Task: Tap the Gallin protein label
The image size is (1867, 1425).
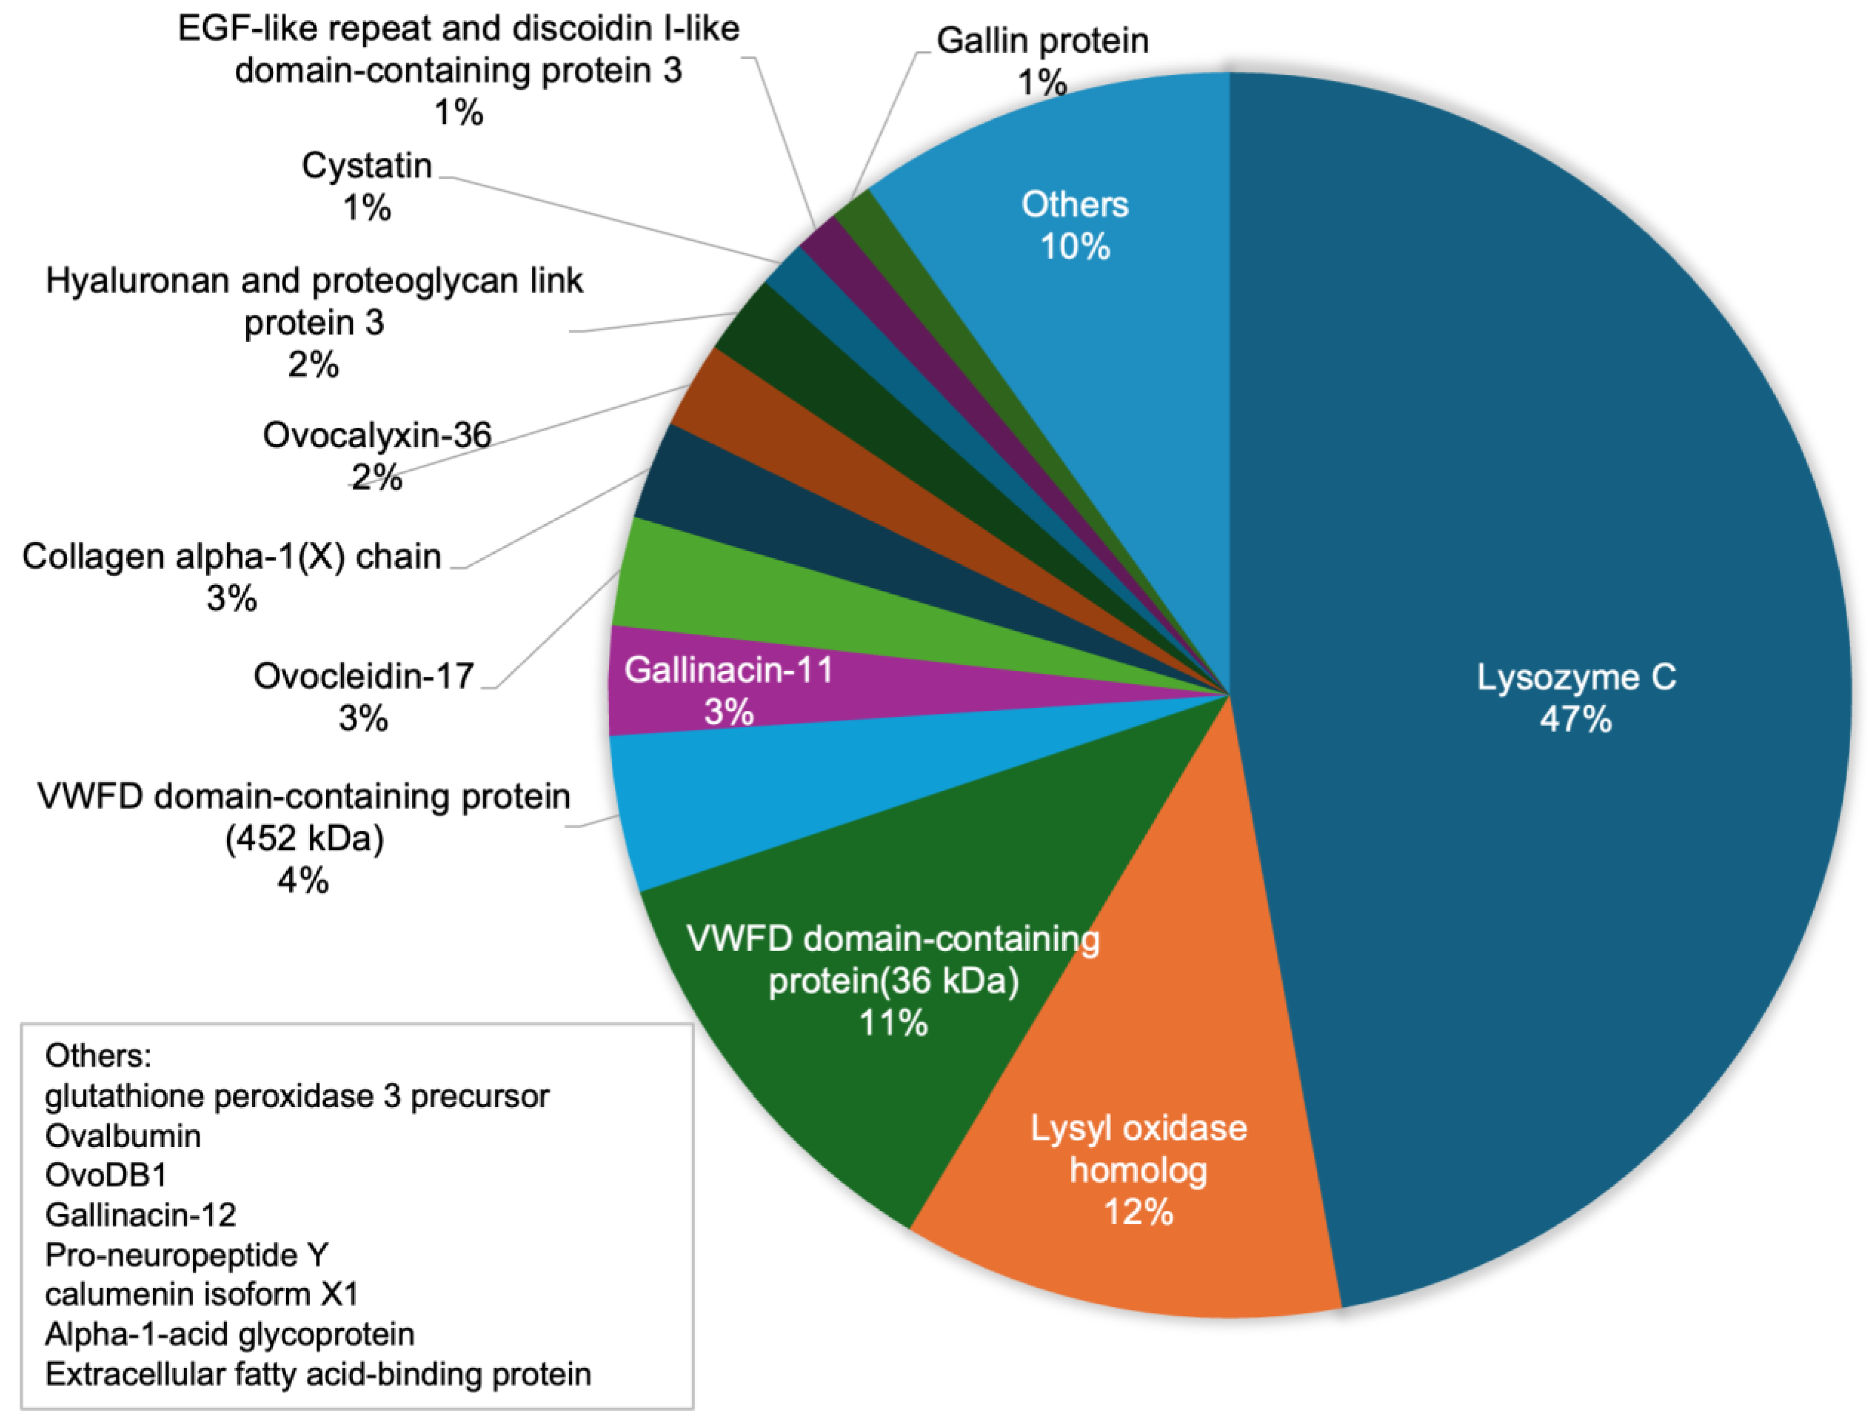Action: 1042,40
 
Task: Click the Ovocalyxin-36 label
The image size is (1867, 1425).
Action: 376,435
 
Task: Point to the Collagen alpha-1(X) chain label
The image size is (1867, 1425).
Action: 231,556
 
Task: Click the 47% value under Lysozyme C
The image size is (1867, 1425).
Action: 1575,719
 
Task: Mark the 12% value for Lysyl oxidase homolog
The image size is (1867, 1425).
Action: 1138,1211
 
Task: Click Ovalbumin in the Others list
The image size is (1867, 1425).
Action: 123,1136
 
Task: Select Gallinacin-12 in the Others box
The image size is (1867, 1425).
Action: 140,1215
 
